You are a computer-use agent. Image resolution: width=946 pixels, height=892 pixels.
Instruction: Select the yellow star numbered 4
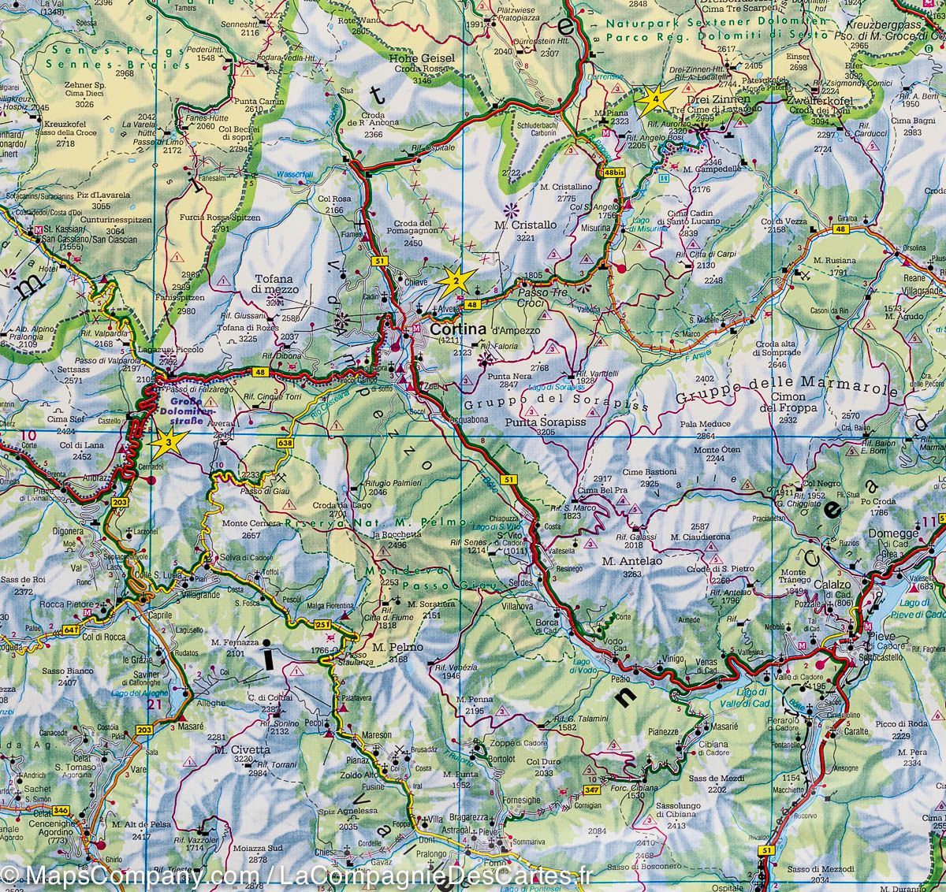pyautogui.click(x=657, y=99)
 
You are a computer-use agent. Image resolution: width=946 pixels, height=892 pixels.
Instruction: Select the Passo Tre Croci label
pyautogui.click(x=542, y=296)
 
